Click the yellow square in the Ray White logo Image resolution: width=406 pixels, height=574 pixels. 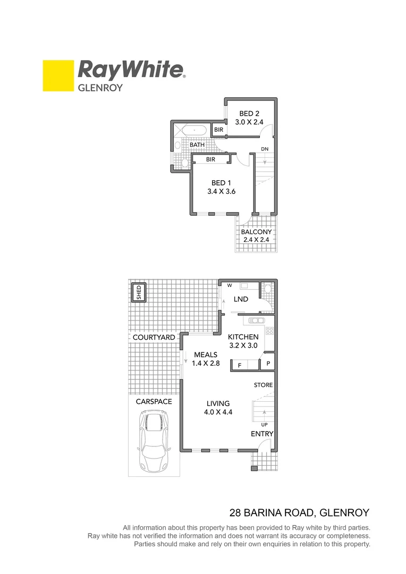(x=58, y=75)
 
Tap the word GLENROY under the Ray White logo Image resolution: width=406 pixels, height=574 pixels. (x=100, y=88)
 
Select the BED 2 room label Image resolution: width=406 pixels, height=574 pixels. (x=249, y=113)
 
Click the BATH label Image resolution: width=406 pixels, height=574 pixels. (x=197, y=145)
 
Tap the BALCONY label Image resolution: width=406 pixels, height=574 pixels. (x=256, y=232)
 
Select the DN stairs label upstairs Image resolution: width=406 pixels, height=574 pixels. (x=264, y=149)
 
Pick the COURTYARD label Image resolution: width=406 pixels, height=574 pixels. (x=154, y=337)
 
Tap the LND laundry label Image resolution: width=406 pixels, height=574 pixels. (x=241, y=299)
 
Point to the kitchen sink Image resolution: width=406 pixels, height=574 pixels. (x=256, y=320)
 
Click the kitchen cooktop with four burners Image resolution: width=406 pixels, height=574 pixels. (x=269, y=331)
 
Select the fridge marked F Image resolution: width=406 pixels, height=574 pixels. (x=239, y=365)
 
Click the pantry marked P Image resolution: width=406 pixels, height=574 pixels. (x=268, y=364)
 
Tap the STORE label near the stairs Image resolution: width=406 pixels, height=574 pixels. (x=263, y=385)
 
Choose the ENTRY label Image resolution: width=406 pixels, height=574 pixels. (x=262, y=434)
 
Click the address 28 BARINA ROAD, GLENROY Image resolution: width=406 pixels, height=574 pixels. (x=299, y=513)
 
